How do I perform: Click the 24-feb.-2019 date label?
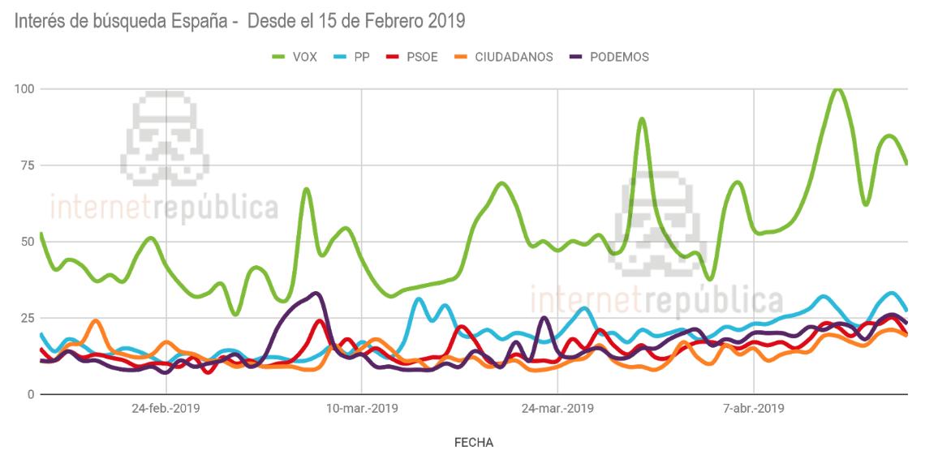[x=166, y=409]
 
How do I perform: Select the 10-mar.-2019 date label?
[x=361, y=409]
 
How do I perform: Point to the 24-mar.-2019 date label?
[x=558, y=409]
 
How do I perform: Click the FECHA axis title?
[x=474, y=443]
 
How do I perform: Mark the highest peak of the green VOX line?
[x=837, y=89]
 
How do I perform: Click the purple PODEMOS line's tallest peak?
[x=316, y=293]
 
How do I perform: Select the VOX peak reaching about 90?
[x=642, y=119]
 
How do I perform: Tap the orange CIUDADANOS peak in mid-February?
[x=96, y=320]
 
